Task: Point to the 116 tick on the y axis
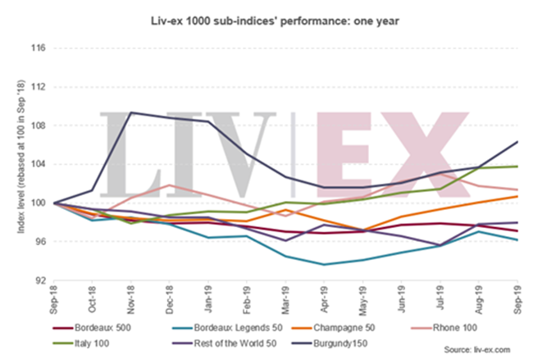38,48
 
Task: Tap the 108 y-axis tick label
38,125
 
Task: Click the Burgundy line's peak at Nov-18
132,112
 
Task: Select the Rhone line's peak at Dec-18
170,185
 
